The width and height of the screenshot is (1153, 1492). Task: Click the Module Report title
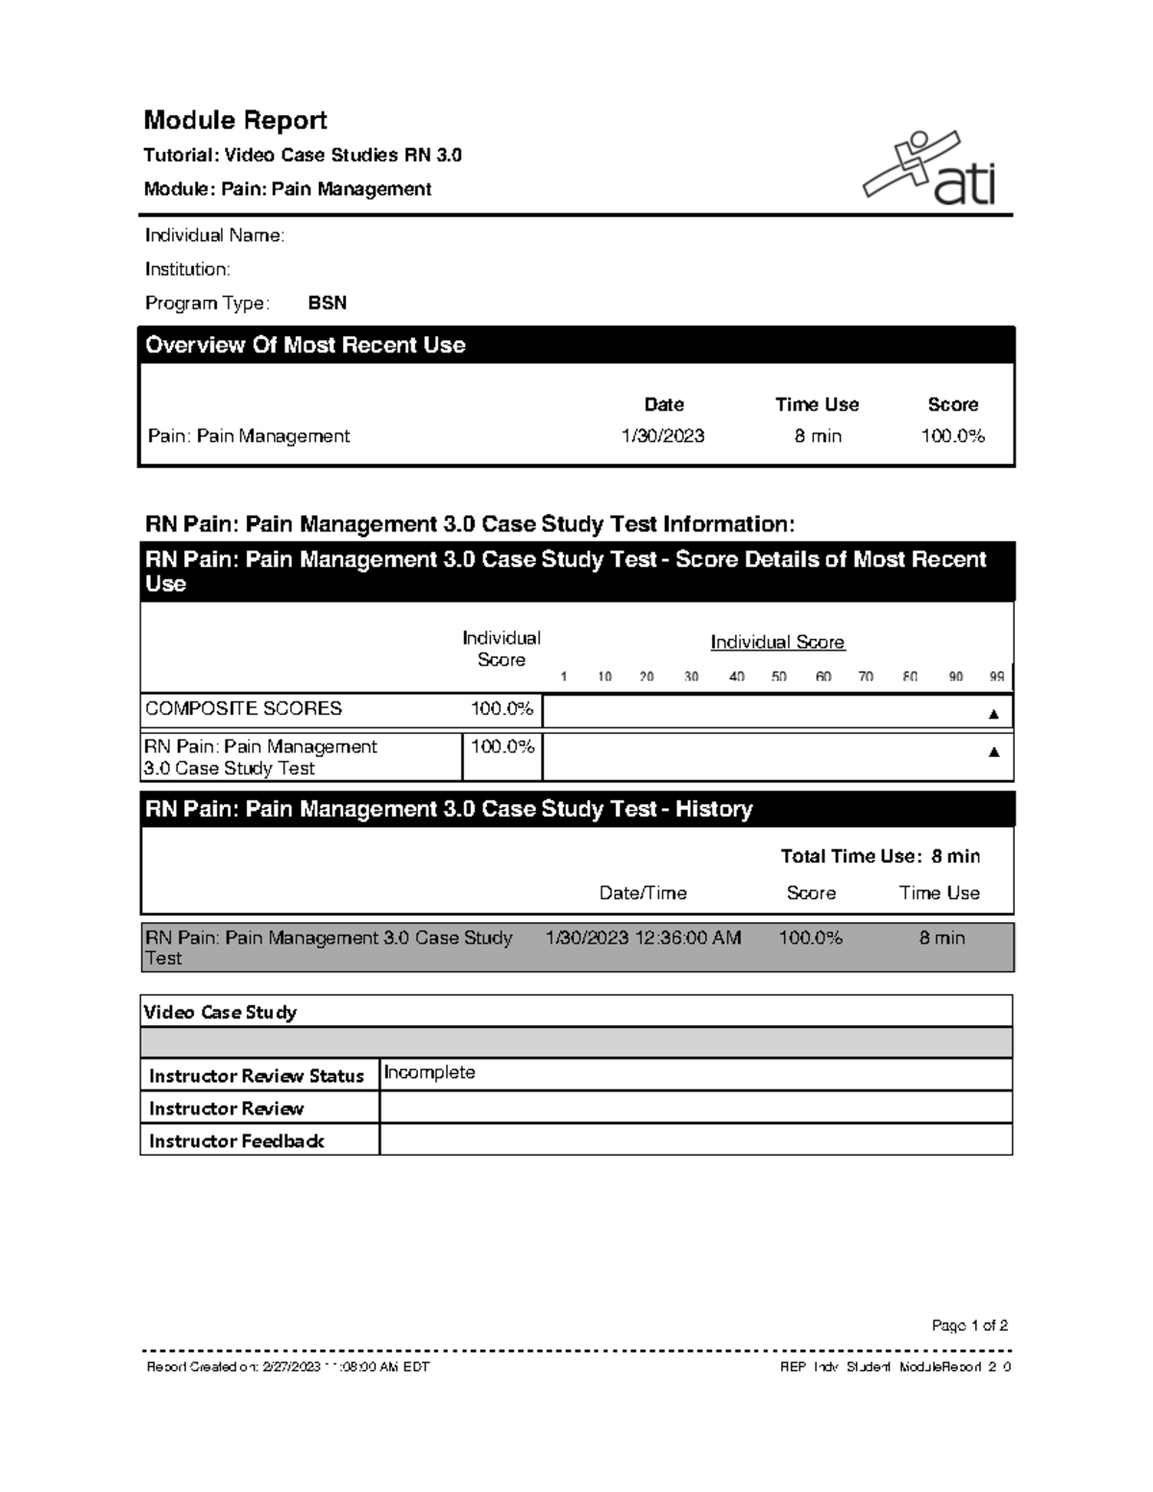(235, 120)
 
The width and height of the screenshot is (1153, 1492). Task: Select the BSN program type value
(327, 304)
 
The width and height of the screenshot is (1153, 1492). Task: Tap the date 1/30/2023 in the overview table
(663, 436)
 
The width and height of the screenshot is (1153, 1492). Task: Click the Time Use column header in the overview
(817, 404)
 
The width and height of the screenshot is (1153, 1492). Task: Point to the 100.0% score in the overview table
(952, 436)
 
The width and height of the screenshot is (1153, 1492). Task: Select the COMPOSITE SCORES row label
(243, 709)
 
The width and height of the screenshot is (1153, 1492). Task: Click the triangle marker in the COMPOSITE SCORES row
(994, 714)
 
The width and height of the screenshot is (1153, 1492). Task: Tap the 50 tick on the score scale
(778, 676)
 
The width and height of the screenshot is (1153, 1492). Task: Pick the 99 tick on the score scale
(996, 676)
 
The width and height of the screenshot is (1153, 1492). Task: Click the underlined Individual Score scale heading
(777, 643)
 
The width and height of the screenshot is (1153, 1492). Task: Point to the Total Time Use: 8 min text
(880, 856)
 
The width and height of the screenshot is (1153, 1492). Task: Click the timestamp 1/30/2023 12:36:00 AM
(643, 938)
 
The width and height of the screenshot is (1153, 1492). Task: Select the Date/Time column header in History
(643, 893)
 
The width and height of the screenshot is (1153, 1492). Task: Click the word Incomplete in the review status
(429, 1073)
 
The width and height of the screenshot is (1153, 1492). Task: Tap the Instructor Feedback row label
(236, 1141)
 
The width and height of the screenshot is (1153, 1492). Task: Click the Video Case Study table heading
(220, 1013)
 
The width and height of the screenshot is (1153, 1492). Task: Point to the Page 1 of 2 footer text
(969, 1326)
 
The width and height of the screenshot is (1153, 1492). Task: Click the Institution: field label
(187, 269)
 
